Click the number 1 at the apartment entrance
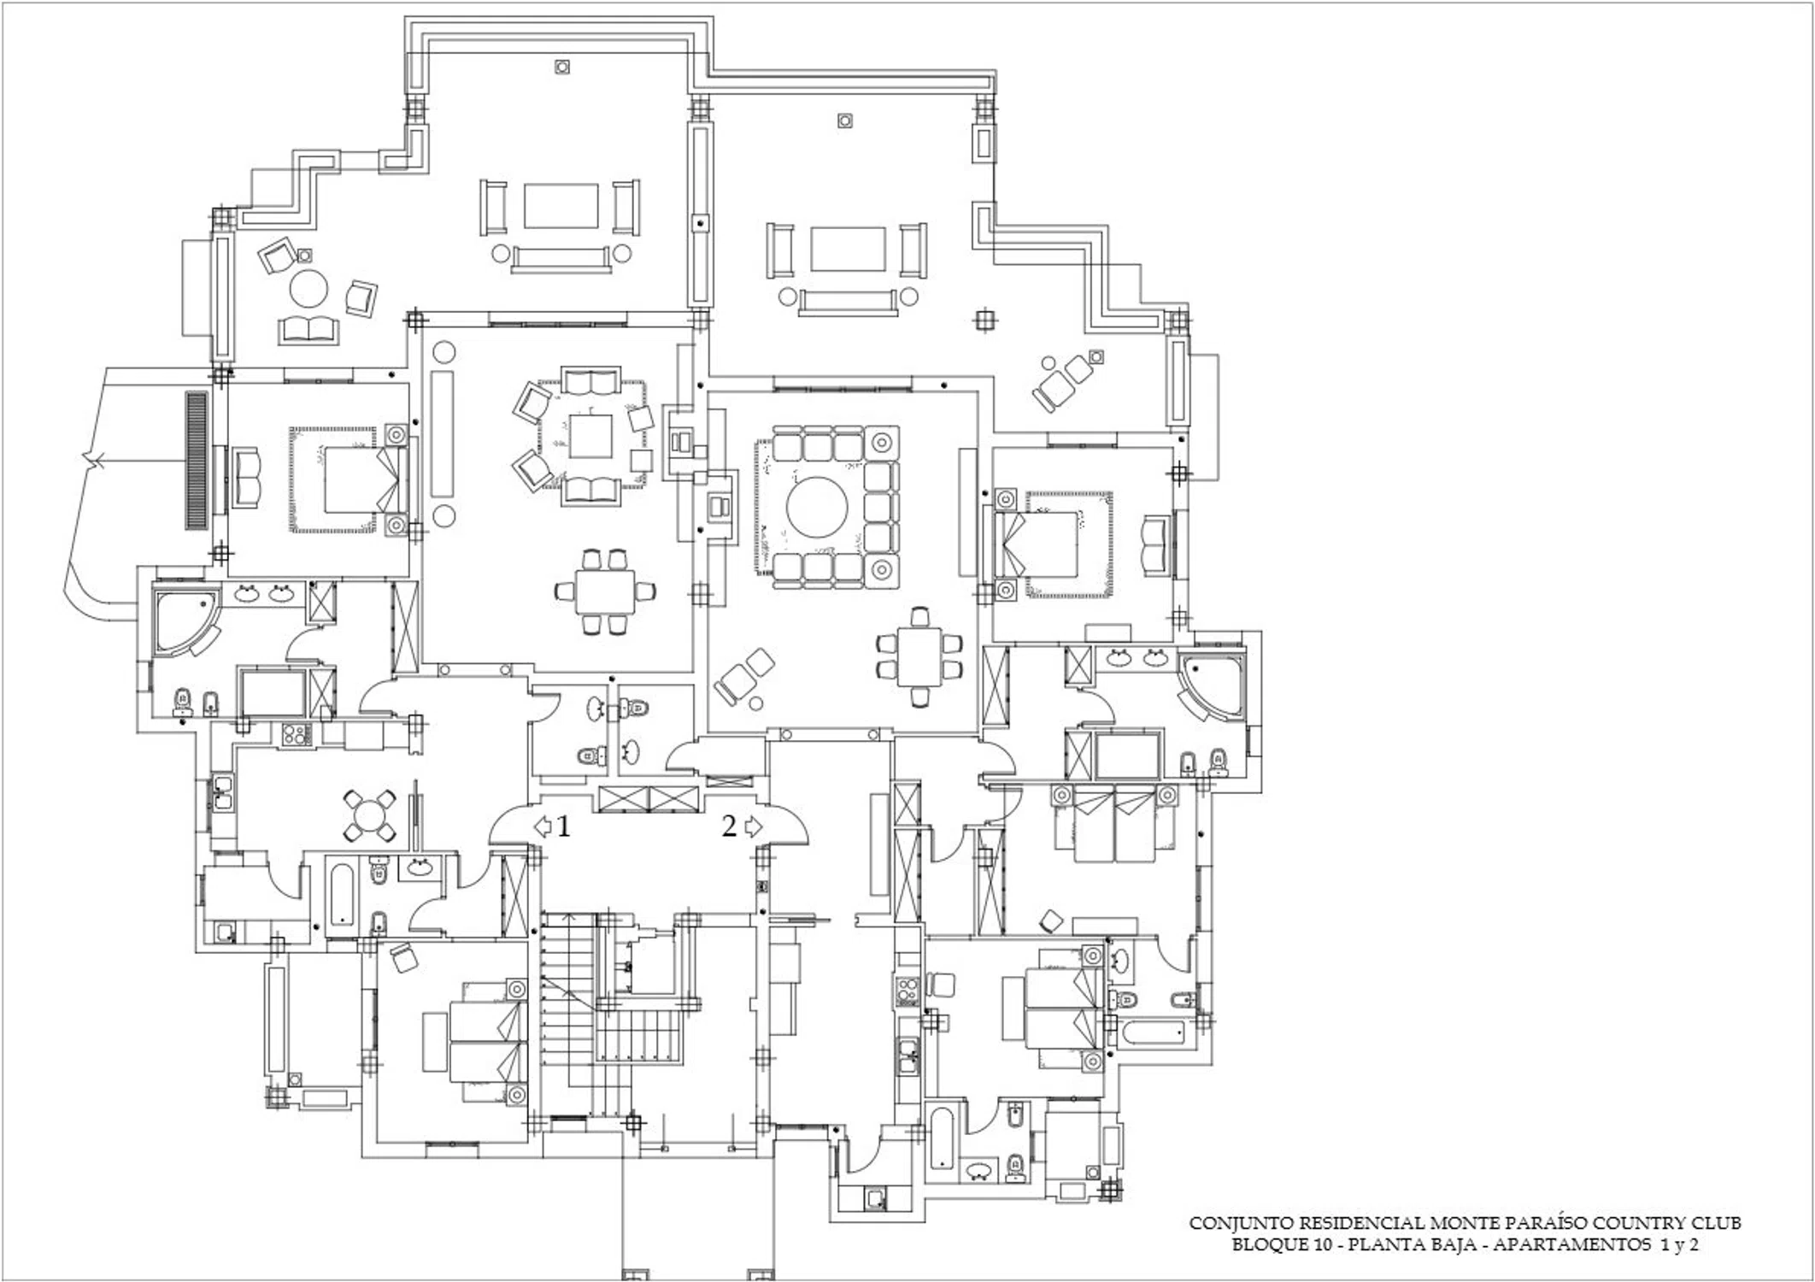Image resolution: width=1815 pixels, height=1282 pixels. point(563,826)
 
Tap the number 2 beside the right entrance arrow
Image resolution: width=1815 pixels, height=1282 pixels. point(729,826)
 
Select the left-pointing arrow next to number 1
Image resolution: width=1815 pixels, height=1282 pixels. point(543,826)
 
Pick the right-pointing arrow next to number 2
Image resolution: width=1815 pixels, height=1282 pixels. point(754,826)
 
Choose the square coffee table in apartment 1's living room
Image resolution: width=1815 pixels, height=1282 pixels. point(590,436)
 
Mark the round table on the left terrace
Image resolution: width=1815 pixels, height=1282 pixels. point(308,289)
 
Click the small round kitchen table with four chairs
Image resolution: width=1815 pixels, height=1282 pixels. point(368,814)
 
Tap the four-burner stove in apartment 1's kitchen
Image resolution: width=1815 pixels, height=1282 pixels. point(296,734)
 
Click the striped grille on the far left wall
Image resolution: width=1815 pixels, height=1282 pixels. point(197,461)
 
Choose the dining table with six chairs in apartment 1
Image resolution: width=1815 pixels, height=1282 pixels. point(605,591)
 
